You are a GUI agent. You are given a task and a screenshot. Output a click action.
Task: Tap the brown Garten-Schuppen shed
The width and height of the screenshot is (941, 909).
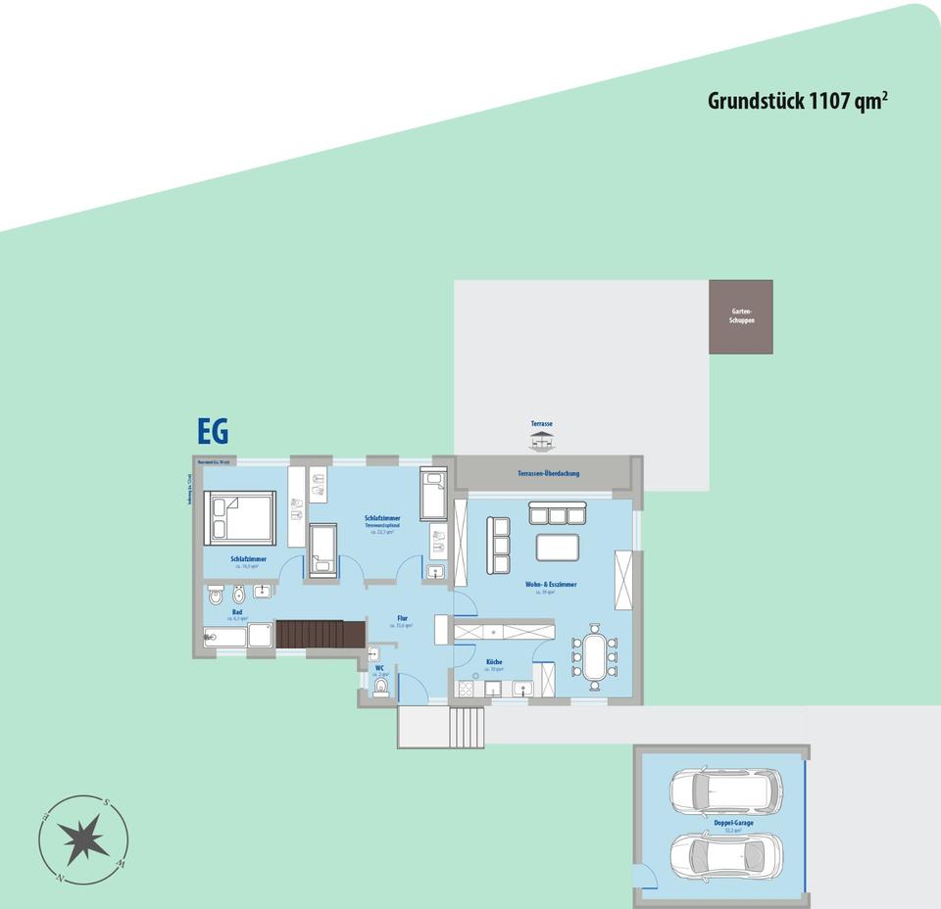pyautogui.click(x=741, y=316)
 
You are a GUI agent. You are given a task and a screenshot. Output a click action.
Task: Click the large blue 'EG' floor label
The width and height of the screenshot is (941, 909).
pyautogui.click(x=213, y=432)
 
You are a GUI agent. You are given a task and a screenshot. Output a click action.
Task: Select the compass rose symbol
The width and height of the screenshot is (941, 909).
pyautogui.click(x=83, y=840)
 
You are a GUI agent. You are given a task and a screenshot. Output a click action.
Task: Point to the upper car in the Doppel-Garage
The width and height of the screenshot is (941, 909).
pyautogui.click(x=725, y=789)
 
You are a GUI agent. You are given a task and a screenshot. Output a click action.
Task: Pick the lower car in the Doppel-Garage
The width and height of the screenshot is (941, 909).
pyautogui.click(x=726, y=858)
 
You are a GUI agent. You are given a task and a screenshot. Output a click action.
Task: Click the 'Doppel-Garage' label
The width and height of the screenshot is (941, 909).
pyautogui.click(x=734, y=823)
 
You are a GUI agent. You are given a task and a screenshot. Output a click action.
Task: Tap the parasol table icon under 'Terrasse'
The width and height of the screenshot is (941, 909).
pyautogui.click(x=542, y=441)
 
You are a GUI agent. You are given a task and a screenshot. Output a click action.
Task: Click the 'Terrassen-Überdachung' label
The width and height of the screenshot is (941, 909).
pyautogui.click(x=549, y=473)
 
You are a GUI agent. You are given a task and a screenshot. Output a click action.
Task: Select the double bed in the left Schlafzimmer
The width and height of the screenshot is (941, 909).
pyautogui.click(x=240, y=518)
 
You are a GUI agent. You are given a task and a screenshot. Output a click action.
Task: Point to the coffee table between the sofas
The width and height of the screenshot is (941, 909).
pyautogui.click(x=558, y=546)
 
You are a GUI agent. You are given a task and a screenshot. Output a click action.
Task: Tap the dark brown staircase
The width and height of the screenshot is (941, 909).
pyautogui.click(x=308, y=634)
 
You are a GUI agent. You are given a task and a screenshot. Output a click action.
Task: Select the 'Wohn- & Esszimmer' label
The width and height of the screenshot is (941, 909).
pyautogui.click(x=551, y=584)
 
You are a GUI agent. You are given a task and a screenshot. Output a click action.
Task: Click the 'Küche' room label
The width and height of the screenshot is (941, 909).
pyautogui.click(x=494, y=662)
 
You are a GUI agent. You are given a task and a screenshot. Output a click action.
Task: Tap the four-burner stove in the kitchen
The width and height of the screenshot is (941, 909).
pyautogui.click(x=466, y=689)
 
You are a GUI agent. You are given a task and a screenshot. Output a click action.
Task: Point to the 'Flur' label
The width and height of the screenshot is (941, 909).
pyautogui.click(x=403, y=618)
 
